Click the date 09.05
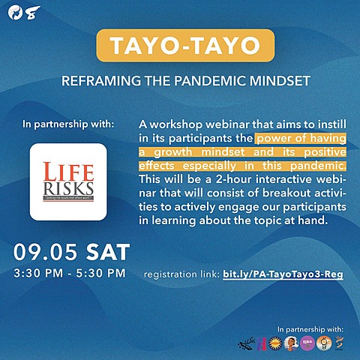click(40, 251)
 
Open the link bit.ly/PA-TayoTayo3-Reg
click(283, 274)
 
